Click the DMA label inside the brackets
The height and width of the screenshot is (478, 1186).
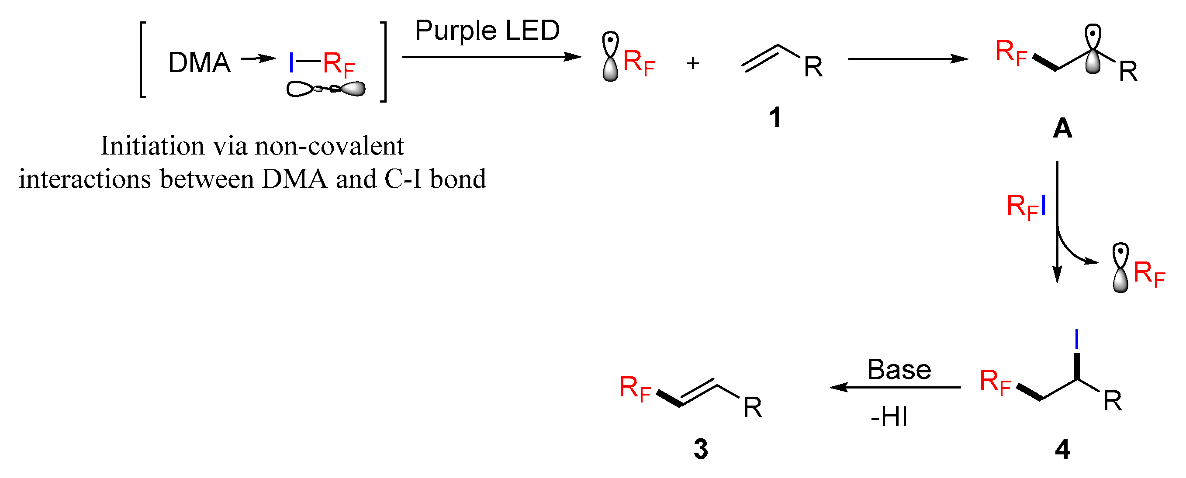[x=199, y=63]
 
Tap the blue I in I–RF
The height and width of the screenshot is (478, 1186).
[x=291, y=63]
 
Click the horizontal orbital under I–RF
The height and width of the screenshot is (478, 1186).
[x=325, y=89]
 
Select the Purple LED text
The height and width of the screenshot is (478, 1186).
[x=487, y=31]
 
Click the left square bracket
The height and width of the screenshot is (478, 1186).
[x=143, y=60]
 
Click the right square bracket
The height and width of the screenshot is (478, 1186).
[x=383, y=61]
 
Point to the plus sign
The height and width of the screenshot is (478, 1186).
[x=692, y=63]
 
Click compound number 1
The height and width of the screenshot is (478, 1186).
[x=775, y=117]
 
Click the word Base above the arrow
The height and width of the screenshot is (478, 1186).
[x=899, y=369]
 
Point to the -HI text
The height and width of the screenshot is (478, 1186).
[x=889, y=417]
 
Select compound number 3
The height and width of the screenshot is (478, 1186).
[x=701, y=450]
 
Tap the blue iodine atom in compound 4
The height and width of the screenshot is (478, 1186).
[x=1076, y=340]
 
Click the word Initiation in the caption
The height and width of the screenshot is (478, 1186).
[x=152, y=146]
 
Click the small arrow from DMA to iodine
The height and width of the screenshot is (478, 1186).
[x=258, y=58]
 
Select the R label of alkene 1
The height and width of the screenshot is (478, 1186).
[x=813, y=68]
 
